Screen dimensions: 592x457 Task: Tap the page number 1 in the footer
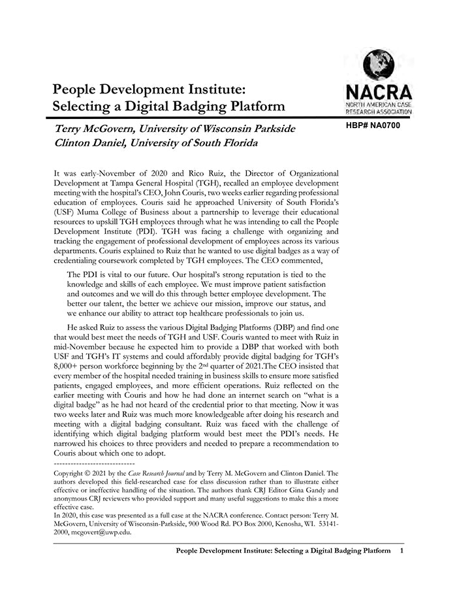[x=402, y=551]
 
